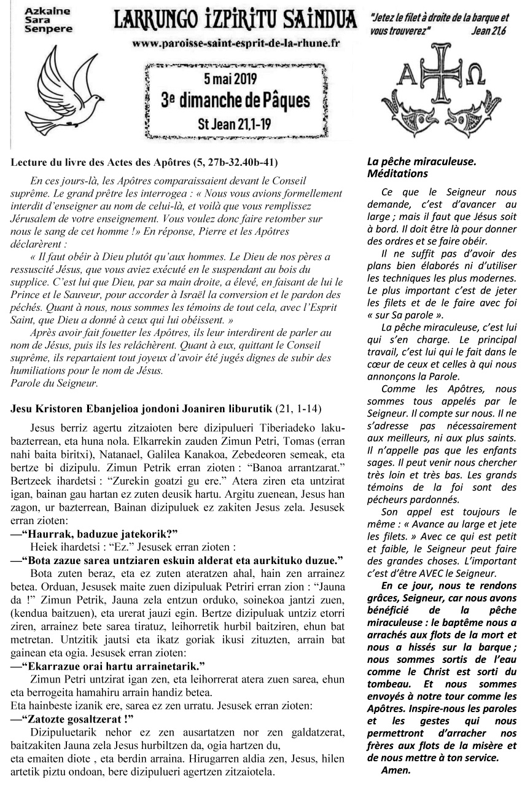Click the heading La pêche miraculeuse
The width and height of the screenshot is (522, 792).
click(x=421, y=162)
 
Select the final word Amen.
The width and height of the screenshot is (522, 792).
click(x=395, y=769)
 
